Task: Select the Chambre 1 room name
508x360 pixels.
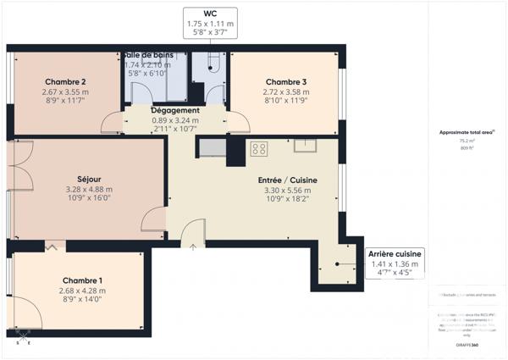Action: (x=82, y=280)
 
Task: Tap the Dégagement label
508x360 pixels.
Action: (x=175, y=111)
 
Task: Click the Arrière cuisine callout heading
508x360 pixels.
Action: (x=395, y=254)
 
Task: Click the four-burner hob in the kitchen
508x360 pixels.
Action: (x=259, y=148)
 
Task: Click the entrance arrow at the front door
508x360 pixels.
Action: (x=194, y=247)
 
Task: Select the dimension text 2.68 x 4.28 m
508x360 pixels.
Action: (x=82, y=291)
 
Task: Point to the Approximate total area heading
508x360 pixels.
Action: (x=467, y=132)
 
